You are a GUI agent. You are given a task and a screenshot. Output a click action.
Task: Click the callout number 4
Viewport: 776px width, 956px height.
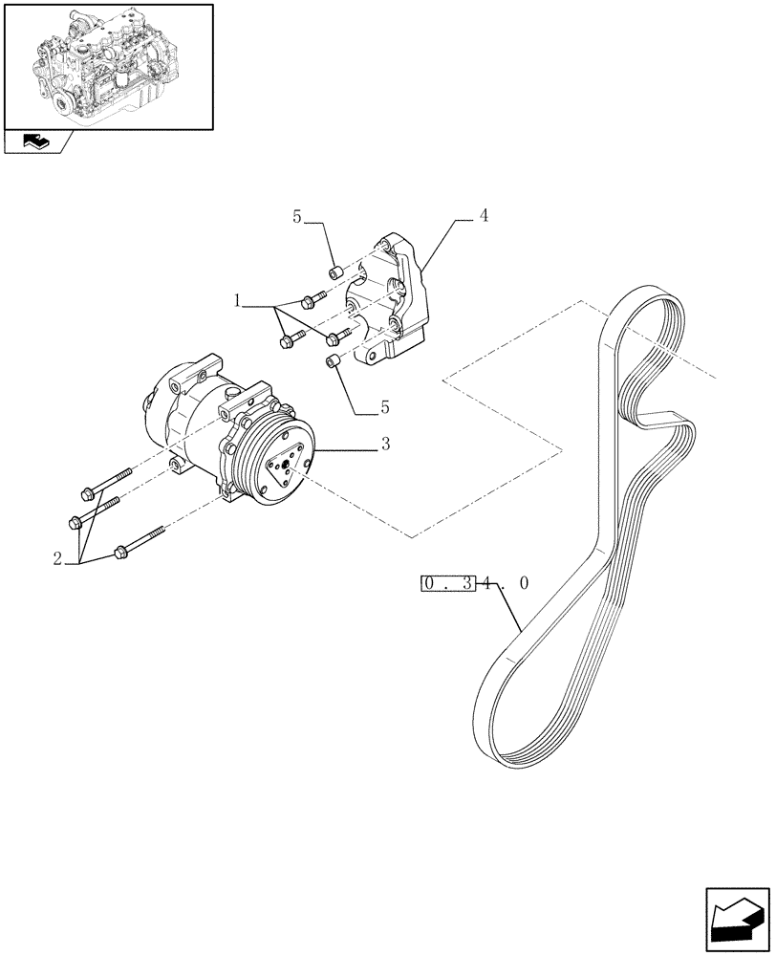[x=484, y=217]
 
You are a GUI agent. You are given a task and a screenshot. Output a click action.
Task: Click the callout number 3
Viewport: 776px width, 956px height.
[x=385, y=445]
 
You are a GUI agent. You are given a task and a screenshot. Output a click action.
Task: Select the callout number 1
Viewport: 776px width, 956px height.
[x=236, y=301]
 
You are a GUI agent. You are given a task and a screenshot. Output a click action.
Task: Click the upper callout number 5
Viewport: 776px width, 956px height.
[x=297, y=217]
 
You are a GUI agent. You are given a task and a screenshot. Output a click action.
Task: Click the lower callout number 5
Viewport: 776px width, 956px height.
[x=384, y=407]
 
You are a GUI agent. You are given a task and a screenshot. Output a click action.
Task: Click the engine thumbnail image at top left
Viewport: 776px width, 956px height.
[x=107, y=66]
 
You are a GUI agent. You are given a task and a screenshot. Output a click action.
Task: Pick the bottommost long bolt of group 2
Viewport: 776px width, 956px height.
[x=140, y=543]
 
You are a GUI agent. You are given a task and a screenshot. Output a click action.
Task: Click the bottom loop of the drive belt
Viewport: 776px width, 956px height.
[x=516, y=736]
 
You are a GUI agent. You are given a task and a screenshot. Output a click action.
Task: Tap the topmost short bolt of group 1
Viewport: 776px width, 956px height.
[x=311, y=300]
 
